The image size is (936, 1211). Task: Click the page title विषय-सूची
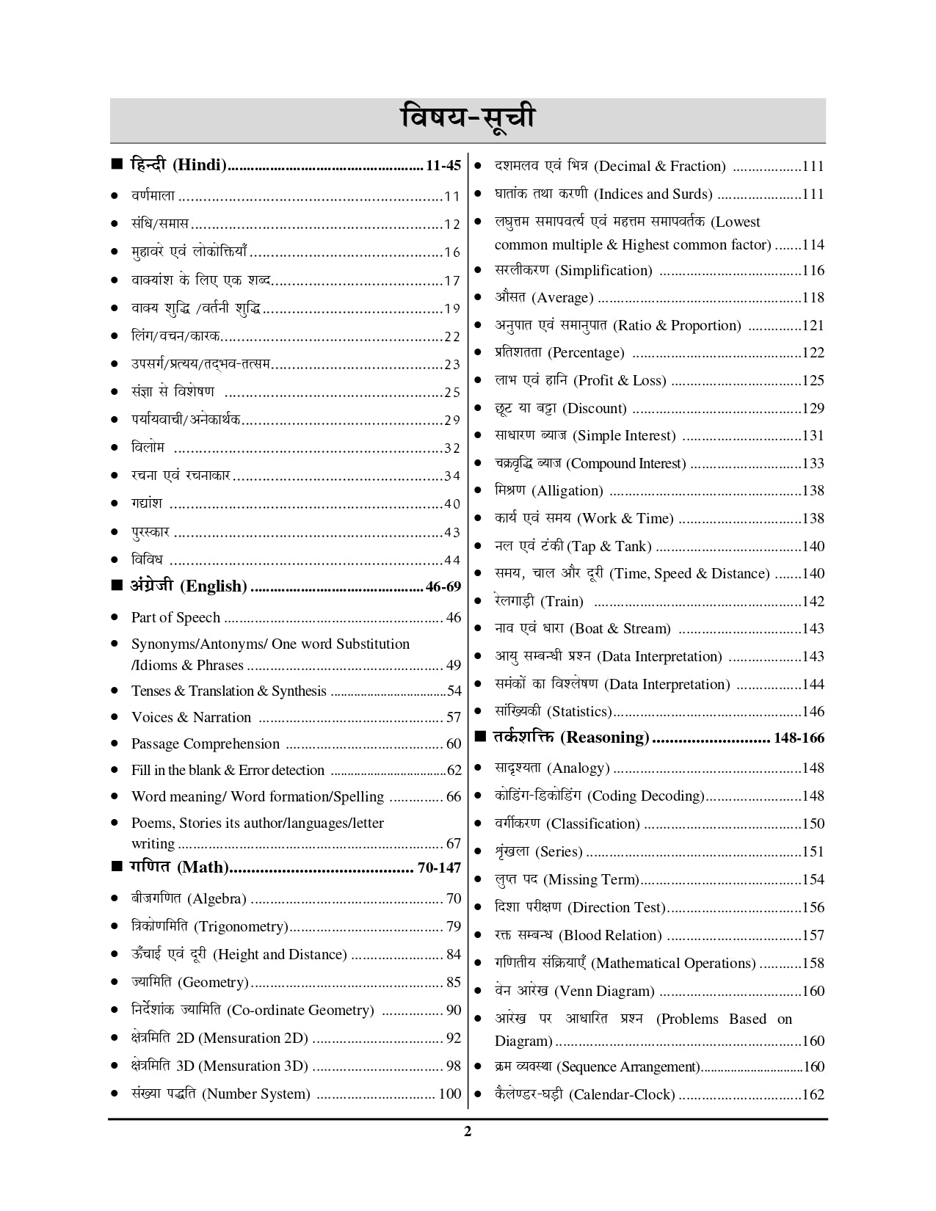click(468, 119)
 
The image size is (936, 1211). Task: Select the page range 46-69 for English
click(443, 586)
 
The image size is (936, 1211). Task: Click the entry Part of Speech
click(175, 617)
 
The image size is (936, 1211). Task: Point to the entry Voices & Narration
click(191, 717)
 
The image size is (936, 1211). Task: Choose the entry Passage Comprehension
click(205, 743)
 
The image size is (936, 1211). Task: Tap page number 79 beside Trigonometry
click(453, 926)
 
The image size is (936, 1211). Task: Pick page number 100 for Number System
click(449, 1094)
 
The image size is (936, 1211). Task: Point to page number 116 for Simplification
click(813, 270)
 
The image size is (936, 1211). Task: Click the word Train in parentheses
click(562, 601)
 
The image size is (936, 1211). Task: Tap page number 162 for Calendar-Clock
click(813, 1094)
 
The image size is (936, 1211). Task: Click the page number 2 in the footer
click(468, 1131)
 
